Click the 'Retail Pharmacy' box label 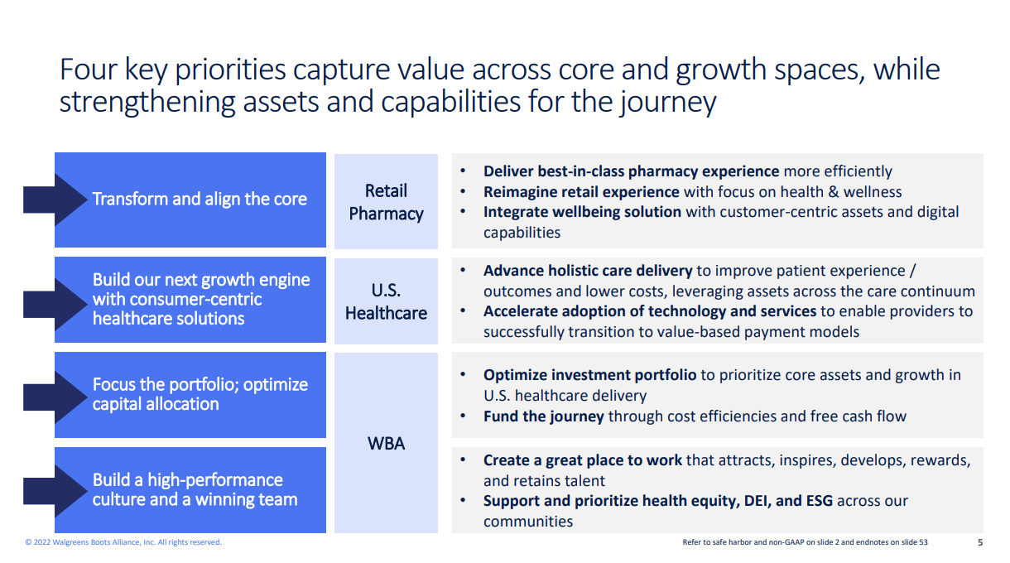coord(386,202)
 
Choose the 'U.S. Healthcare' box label coord(386,301)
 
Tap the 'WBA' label coord(386,444)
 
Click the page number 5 coord(980,542)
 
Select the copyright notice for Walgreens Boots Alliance coord(123,542)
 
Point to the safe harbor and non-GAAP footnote coord(805,542)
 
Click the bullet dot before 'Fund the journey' coord(463,416)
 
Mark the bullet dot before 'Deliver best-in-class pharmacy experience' coord(463,171)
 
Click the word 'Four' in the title coord(88,70)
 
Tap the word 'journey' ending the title coord(667,103)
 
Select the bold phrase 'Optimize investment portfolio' coord(589,375)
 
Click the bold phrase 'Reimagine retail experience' coord(581,192)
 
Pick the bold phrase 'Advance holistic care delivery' coord(588,271)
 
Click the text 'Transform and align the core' coord(200,200)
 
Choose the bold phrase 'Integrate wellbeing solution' coord(582,212)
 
